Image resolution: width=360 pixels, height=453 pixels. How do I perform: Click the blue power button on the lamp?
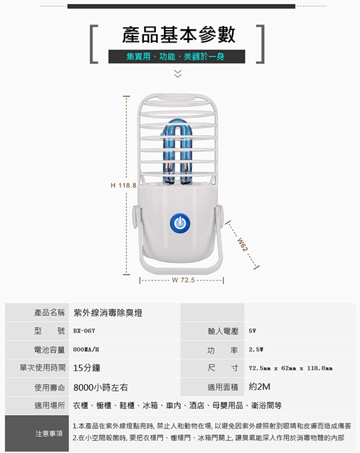pyautogui.click(x=180, y=223)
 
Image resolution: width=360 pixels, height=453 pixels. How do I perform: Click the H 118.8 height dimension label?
pyautogui.click(x=123, y=185)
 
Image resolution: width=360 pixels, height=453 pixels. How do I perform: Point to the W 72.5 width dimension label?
pyautogui.click(x=183, y=280)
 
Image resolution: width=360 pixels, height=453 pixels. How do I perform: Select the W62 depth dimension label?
pyautogui.click(x=242, y=244)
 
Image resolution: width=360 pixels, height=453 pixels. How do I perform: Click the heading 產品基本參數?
pyautogui.click(x=179, y=35)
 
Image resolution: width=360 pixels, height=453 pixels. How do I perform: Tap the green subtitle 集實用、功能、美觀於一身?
pyautogui.click(x=175, y=57)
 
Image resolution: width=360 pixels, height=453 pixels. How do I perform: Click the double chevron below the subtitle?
pyautogui.click(x=178, y=73)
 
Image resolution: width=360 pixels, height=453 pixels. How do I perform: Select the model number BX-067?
pyautogui.click(x=84, y=330)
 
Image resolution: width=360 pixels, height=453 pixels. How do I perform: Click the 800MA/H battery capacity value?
pyautogui.click(x=86, y=349)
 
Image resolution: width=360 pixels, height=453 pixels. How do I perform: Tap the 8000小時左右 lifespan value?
pyautogui.click(x=101, y=387)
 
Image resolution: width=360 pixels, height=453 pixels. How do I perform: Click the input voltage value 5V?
pyautogui.click(x=253, y=330)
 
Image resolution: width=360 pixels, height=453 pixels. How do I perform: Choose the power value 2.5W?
pyautogui.click(x=256, y=349)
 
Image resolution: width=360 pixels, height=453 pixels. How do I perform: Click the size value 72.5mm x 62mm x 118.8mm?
pyautogui.click(x=291, y=368)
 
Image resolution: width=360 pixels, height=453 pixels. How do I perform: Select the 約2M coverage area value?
pyautogui.click(x=259, y=386)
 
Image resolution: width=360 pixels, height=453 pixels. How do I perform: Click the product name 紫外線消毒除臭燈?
pyautogui.click(x=108, y=312)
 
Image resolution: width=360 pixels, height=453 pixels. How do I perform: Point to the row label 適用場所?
pyautogui.click(x=50, y=405)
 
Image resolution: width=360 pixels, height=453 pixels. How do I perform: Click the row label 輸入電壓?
pyautogui.click(x=223, y=331)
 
